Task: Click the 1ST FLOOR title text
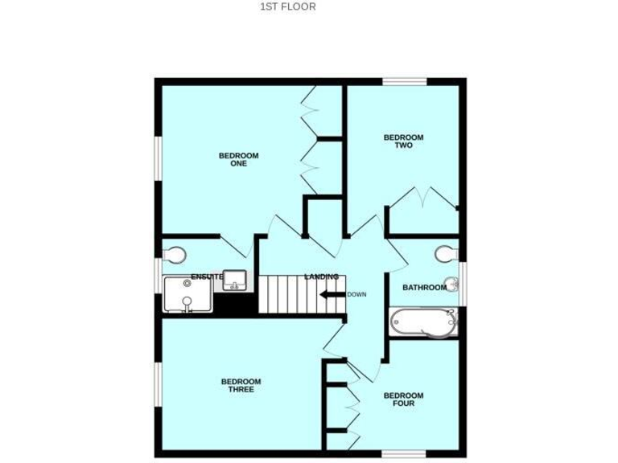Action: (x=287, y=6)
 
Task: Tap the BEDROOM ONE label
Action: (x=239, y=159)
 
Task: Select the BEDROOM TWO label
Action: (x=403, y=141)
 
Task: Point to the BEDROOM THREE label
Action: (x=241, y=385)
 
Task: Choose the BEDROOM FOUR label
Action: (x=403, y=399)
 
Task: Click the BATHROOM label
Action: (x=424, y=287)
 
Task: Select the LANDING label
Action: (x=321, y=277)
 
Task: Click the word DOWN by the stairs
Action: (x=356, y=294)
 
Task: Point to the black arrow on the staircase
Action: (x=331, y=294)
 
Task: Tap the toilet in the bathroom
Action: (x=445, y=254)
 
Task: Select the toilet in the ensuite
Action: (x=174, y=255)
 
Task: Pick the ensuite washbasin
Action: (x=235, y=280)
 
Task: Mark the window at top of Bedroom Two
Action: (x=404, y=80)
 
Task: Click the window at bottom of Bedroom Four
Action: (x=402, y=454)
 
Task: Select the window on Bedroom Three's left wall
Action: (x=159, y=386)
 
